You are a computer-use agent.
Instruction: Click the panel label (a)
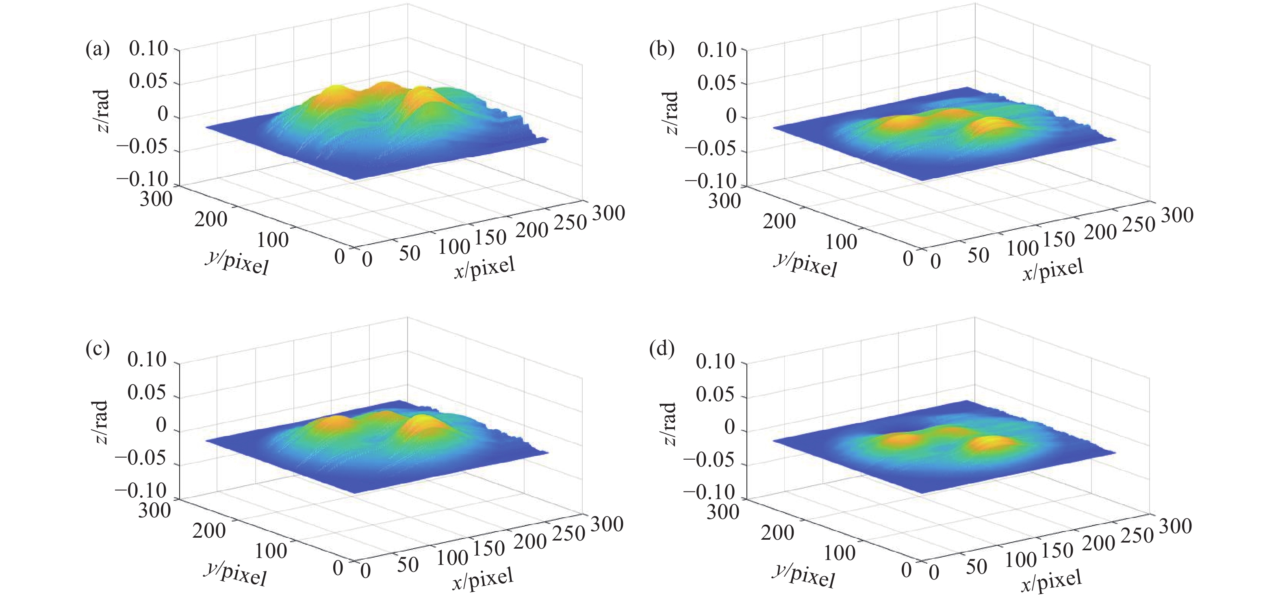pyautogui.click(x=98, y=51)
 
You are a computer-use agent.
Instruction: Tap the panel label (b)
pyautogui.click(x=662, y=51)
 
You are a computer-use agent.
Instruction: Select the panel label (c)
pyautogui.click(x=98, y=349)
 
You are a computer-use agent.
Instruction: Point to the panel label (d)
pyautogui.click(x=662, y=349)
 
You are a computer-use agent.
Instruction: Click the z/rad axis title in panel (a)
pyautogui.click(x=102, y=111)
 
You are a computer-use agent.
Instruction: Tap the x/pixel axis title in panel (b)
pyautogui.click(x=1052, y=270)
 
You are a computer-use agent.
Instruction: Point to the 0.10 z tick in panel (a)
pyautogui.click(x=148, y=49)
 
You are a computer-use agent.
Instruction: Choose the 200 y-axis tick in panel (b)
pyautogui.click(x=779, y=221)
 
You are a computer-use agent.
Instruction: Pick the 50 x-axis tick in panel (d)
pyautogui.click(x=976, y=567)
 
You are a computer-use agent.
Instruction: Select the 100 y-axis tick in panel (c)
pyautogui.click(x=271, y=551)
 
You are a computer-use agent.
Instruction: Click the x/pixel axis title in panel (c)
pyautogui.click(x=482, y=580)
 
